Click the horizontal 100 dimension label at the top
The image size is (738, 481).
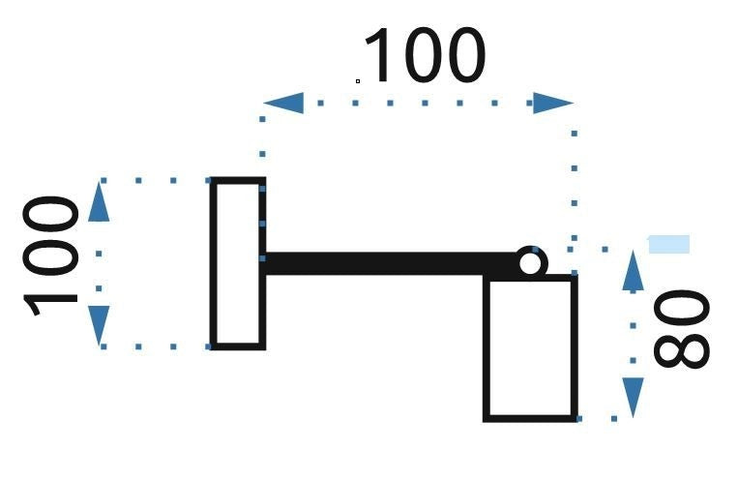pyautogui.click(x=425, y=55)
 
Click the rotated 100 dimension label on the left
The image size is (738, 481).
pyautogui.click(x=50, y=256)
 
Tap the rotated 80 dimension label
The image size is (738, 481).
pyautogui.click(x=682, y=329)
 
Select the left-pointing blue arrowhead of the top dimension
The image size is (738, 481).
pyautogui.click(x=283, y=103)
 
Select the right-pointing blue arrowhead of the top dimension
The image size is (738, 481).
pyautogui.click(x=553, y=103)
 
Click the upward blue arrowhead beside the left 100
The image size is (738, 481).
pyautogui.click(x=99, y=201)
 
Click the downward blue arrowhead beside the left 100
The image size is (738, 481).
pyautogui.click(x=99, y=326)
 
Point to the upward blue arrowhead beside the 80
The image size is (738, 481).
pyautogui.click(x=633, y=270)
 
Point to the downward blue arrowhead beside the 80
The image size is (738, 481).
pyautogui.click(x=633, y=398)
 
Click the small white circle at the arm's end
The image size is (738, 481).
pyautogui.click(x=530, y=263)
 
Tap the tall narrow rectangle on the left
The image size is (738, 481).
pyautogui.click(x=238, y=263)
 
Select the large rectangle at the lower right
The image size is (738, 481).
pyautogui.click(x=530, y=348)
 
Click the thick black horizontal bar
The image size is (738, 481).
pyautogui.click(x=391, y=263)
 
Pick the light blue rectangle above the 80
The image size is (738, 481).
pyautogui.click(x=669, y=244)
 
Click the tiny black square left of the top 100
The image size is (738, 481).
pyautogui.click(x=358, y=81)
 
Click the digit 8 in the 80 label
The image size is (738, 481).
pyautogui.click(x=682, y=350)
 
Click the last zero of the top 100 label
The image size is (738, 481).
pyautogui.click(x=465, y=55)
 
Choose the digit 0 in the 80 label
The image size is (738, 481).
pyautogui.click(x=682, y=308)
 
